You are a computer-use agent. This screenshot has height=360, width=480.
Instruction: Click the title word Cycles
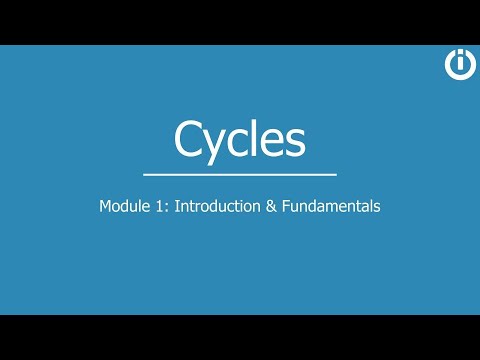click(239, 139)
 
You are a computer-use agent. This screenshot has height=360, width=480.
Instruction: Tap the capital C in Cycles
click(190, 138)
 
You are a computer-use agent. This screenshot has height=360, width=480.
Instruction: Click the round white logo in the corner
click(461, 63)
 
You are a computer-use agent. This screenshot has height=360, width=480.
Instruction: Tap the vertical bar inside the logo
click(461, 66)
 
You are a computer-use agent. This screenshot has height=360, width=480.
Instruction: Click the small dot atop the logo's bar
click(461, 55)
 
